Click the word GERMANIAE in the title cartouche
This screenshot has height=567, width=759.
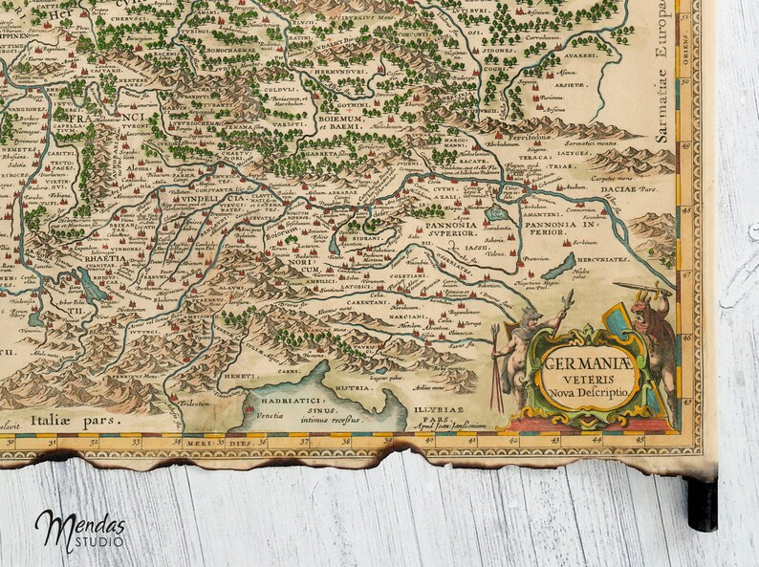(586, 361)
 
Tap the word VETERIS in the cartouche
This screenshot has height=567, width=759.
(586, 377)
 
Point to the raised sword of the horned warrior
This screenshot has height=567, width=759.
(633, 286)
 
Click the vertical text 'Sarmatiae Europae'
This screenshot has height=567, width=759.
(661, 76)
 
